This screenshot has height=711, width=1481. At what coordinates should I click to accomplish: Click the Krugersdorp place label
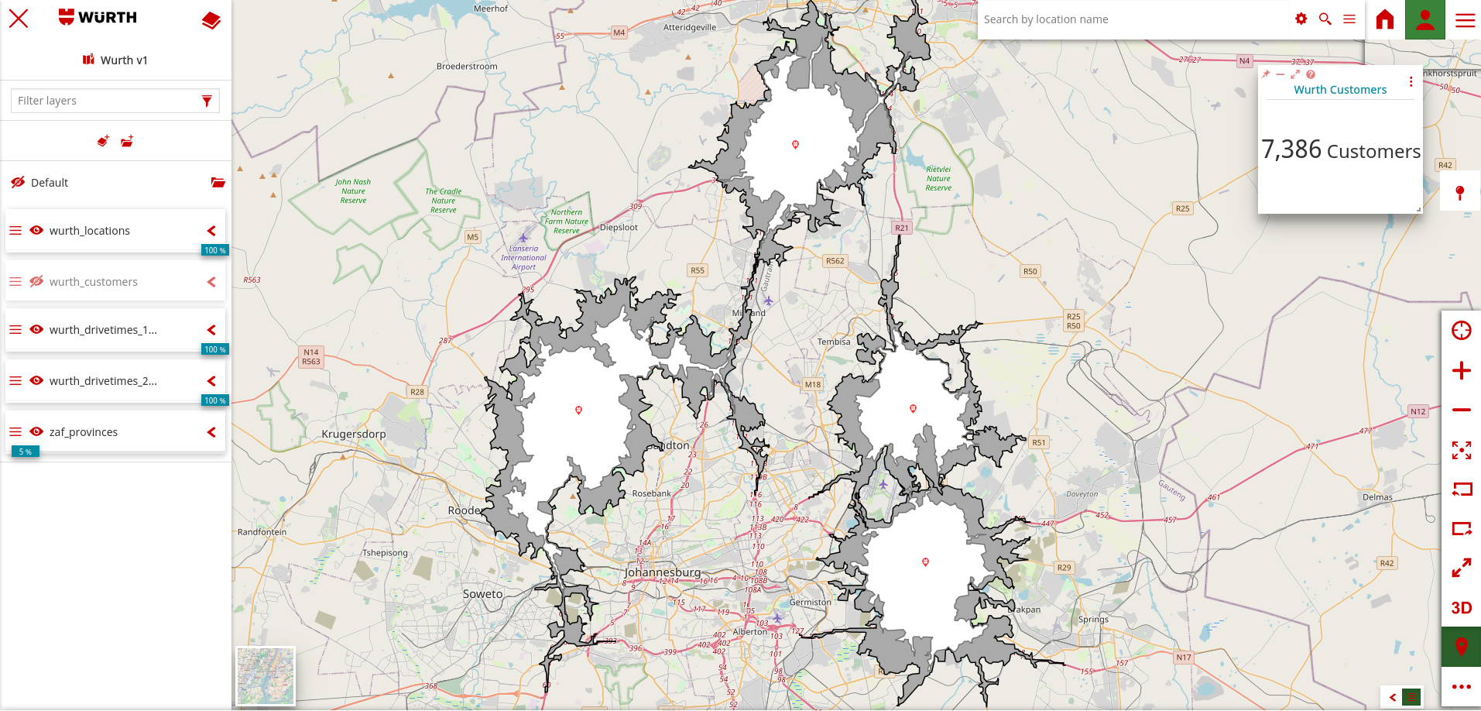pos(354,434)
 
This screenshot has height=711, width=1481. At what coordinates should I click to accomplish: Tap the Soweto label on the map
pos(482,594)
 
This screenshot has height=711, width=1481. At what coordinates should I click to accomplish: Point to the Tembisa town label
pos(834,342)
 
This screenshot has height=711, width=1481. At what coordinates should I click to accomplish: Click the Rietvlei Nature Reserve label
pos(938,178)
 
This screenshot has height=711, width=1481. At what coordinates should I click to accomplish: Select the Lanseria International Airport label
pos(523,258)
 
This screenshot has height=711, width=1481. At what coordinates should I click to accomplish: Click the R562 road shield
pos(835,261)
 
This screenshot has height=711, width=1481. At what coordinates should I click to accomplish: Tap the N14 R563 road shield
pos(311,356)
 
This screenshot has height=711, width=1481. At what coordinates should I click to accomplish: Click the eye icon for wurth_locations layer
pos(36,230)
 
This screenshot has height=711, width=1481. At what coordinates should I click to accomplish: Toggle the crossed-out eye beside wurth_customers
pos(36,281)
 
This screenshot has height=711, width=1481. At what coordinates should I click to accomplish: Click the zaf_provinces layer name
pos(84,432)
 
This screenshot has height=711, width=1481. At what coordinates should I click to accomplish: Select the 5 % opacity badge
pos(26,452)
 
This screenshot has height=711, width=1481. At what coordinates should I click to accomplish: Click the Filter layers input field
pos(107,101)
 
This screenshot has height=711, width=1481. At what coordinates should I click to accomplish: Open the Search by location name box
pos(1130,19)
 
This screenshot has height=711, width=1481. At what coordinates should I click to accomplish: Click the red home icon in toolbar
pos(1385,19)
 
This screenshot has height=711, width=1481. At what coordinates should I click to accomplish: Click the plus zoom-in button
pos(1461,371)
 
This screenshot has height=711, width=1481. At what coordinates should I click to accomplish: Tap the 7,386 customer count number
pos(1291,149)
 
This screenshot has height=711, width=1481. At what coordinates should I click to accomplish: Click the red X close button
pos(19,19)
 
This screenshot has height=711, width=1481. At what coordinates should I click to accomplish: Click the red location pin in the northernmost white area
pos(795,145)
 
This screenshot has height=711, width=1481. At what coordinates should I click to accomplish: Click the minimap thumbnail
pos(266,675)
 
